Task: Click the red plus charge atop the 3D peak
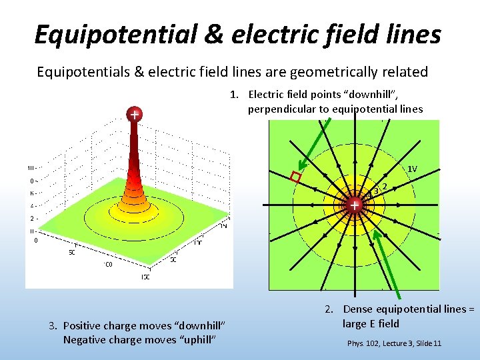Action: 135,115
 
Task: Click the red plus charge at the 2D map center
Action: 355,205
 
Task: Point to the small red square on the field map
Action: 296,177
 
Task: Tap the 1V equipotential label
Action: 413,169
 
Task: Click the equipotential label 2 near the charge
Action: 385,186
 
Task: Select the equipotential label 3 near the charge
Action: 377,191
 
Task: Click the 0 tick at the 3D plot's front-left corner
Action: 37,241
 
